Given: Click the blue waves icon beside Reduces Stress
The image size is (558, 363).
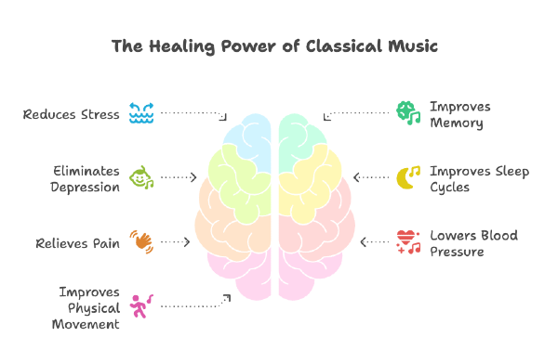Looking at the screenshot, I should (141, 114).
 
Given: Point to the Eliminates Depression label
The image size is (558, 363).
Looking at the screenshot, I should (86, 178).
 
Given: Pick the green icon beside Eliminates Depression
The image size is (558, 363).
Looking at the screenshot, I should (141, 177).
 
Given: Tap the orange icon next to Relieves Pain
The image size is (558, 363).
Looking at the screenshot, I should (141, 242).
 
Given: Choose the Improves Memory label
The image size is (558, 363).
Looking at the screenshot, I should (459, 114).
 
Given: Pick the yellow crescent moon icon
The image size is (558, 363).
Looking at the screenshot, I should (407, 177).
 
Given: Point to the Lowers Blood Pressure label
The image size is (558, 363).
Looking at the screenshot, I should (473, 243).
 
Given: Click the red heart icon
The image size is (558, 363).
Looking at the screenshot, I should (407, 241).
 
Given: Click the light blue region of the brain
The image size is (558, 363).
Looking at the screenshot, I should (247, 139).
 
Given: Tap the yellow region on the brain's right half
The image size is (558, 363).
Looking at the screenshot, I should (312, 186).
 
